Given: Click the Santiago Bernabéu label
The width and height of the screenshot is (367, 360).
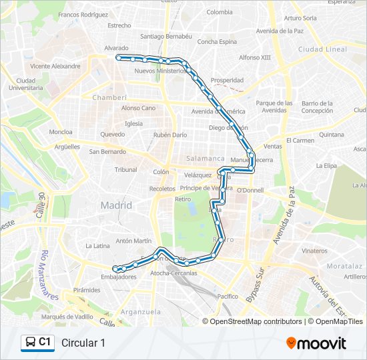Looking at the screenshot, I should (x=166, y=36).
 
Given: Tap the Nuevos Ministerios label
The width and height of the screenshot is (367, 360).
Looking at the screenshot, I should (x=159, y=71).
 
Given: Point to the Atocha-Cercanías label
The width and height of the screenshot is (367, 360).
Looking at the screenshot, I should (x=173, y=273).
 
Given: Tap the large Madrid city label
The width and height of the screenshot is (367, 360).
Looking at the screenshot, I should (x=116, y=205).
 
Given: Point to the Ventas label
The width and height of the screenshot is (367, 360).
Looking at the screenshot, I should (x=272, y=147).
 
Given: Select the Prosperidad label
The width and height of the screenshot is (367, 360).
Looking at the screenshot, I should (x=227, y=80).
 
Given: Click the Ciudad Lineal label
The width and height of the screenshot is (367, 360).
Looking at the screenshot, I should (x=323, y=49).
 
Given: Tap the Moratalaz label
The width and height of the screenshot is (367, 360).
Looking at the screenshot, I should (x=345, y=265).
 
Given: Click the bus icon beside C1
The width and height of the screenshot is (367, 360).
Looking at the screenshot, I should (x=31, y=343).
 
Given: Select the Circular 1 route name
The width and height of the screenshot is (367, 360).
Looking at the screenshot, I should (x=83, y=343).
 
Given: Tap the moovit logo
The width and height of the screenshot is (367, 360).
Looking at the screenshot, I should (x=316, y=343).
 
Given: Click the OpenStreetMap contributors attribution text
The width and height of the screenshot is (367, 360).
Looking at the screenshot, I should (x=256, y=321).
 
